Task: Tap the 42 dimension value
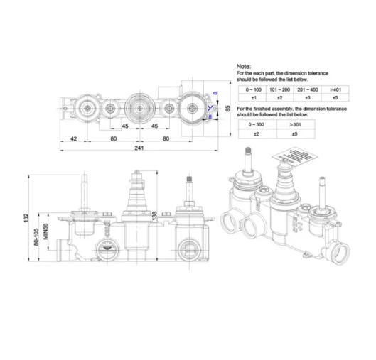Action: click(73, 138)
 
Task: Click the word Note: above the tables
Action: click(243, 65)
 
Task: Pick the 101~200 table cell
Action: click(279, 90)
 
